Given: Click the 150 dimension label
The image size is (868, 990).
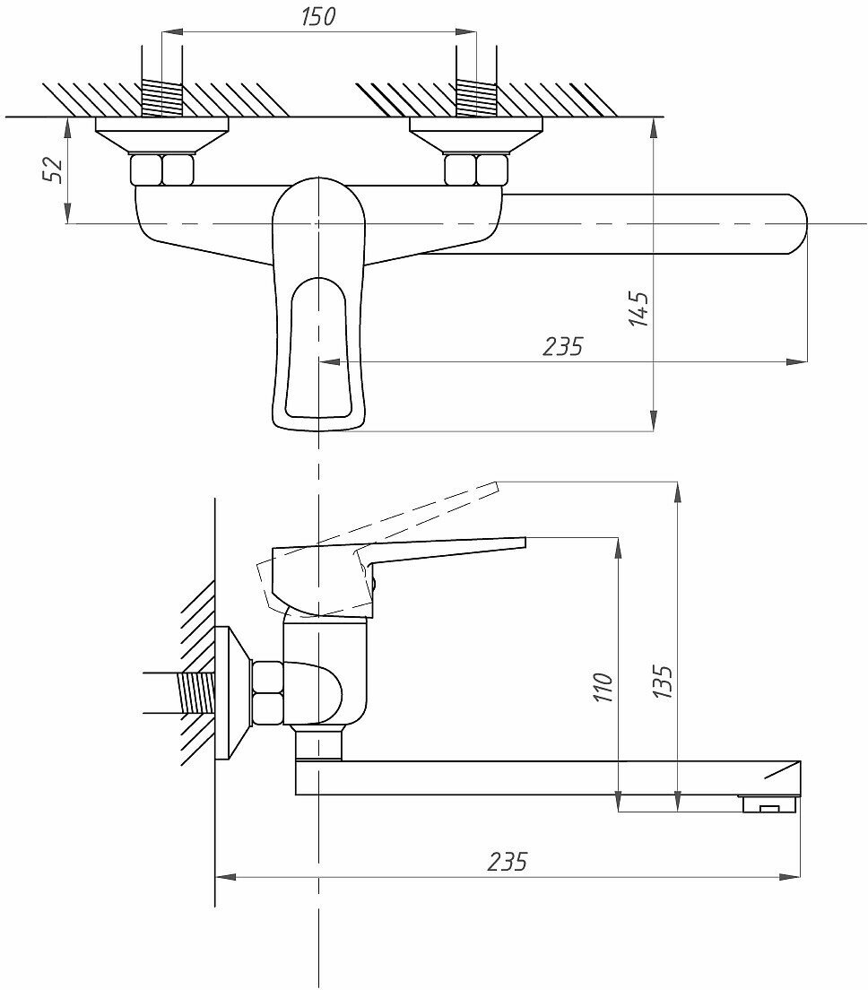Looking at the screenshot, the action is pos(318,16).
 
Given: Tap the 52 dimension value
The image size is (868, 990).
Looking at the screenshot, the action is pos(54,169).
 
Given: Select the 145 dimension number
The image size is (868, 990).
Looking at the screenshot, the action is pos(639,308).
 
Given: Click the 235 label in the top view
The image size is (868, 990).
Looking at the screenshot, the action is pos(563,345).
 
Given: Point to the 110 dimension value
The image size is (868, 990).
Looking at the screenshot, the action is pos(604,687).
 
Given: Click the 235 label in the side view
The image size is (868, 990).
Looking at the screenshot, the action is pos(508,862).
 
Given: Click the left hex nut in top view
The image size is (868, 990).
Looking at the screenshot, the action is pos(162,169).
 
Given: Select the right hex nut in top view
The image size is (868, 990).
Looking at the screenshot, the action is pos(477,169).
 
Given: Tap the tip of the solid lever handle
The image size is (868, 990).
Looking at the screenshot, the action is pos(522,541).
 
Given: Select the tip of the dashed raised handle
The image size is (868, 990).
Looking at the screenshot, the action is pos(495,487).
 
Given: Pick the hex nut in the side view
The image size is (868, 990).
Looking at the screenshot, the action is pos(267,692).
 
